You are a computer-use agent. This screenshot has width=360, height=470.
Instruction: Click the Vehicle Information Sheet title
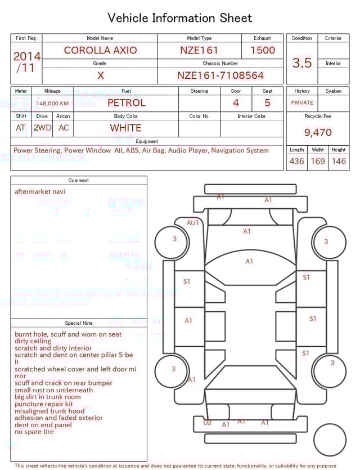(x=180, y=18)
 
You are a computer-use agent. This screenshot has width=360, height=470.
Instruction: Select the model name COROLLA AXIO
(x=100, y=50)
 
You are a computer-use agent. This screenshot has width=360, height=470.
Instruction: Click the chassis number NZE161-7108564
(x=220, y=75)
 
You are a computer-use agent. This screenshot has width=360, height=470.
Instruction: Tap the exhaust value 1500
(x=263, y=50)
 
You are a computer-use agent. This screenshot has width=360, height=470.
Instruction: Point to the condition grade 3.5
(x=302, y=63)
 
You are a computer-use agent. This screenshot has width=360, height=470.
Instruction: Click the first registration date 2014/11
(x=26, y=62)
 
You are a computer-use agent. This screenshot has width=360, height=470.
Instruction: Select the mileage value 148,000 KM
(x=53, y=104)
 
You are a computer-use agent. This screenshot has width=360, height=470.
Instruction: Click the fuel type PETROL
(x=126, y=103)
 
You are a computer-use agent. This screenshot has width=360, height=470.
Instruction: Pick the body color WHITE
(x=125, y=128)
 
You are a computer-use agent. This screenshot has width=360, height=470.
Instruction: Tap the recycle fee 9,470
(x=318, y=133)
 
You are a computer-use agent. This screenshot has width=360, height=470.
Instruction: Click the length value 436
(x=296, y=161)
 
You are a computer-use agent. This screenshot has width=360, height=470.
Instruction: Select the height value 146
(x=339, y=161)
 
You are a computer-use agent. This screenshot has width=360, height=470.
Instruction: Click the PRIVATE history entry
(x=302, y=103)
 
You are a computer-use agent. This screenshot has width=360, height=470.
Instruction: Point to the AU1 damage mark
(x=193, y=223)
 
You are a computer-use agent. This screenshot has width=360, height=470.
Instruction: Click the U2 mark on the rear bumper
(x=208, y=423)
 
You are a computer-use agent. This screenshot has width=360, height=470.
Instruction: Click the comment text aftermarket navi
(x=40, y=192)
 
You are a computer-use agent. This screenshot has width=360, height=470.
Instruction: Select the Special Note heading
(x=79, y=323)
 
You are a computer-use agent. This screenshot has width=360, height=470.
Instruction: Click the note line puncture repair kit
(x=44, y=404)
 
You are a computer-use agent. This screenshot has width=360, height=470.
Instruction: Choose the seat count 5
(x=267, y=103)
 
